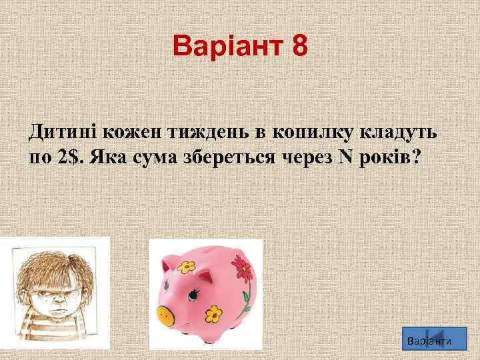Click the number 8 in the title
coord(299,47)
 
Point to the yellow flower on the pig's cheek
coord(213,312)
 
